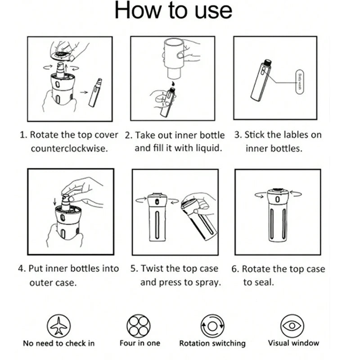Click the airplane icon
click(x=59, y=326)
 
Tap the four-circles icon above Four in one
click(x=139, y=326)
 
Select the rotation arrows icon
click(x=212, y=326)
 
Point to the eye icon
click(x=292, y=325)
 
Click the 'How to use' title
click(x=173, y=10)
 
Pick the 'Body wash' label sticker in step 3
click(x=299, y=82)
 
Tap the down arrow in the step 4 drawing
click(x=54, y=202)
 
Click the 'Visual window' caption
click(x=293, y=343)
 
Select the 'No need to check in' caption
click(x=59, y=343)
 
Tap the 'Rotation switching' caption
click(x=212, y=343)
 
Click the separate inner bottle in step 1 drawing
click(x=95, y=93)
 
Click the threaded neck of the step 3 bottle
click(x=267, y=63)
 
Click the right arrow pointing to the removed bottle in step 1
click(x=84, y=92)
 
